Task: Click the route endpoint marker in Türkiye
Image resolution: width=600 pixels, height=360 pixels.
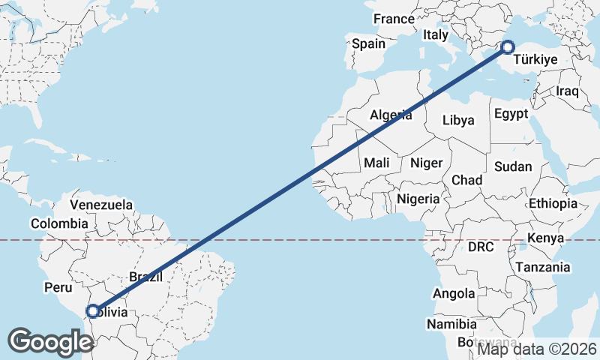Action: coord(508,47)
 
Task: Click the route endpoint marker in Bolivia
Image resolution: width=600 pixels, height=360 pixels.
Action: coord(92,311)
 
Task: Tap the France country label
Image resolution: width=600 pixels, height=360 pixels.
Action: coord(394,19)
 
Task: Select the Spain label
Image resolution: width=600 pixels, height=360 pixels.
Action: coord(368,43)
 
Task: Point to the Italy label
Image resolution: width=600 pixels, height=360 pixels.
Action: coord(435,34)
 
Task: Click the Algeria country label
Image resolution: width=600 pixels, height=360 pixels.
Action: coord(391,115)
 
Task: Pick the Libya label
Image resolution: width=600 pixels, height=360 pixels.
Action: coord(458,120)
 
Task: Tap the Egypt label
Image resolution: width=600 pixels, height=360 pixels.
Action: coord(511,114)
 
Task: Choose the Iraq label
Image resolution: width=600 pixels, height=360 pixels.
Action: coord(568,91)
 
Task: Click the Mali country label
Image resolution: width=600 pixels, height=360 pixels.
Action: coord(376,163)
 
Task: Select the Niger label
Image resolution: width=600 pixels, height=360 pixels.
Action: coord(427,163)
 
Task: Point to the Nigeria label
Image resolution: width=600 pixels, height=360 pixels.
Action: coord(418,199)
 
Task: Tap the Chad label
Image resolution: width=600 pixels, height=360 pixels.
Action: coord(466,180)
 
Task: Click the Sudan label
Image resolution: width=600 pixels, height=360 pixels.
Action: coord(513,166)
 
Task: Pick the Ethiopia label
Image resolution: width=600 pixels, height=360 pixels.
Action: coord(553,203)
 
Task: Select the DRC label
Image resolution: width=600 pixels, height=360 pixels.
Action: coord(481,246)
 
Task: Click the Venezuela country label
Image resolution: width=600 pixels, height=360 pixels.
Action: coord(101,205)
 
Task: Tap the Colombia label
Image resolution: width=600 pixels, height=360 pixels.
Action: coord(59,223)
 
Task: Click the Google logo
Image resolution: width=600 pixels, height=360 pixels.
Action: coord(50,341)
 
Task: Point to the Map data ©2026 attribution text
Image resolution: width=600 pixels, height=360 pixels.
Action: coord(537,349)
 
